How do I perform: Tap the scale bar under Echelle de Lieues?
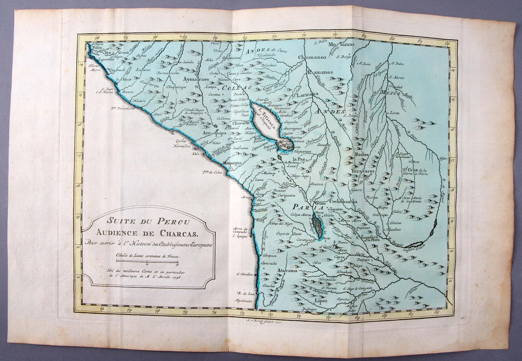147,261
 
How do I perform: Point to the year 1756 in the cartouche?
179,279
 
